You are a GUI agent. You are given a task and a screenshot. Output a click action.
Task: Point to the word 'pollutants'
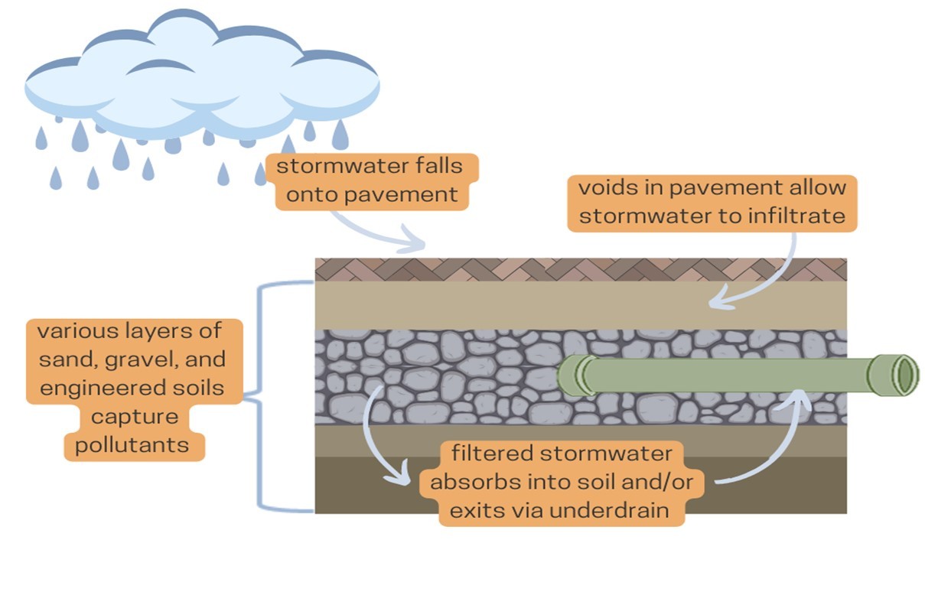(x=135, y=444)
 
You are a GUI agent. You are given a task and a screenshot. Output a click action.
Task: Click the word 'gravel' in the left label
(x=129, y=359)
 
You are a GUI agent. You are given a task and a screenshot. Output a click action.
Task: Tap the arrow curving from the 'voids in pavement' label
(x=765, y=283)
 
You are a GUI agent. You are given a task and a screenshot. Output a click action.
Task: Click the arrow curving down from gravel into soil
(x=376, y=444)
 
